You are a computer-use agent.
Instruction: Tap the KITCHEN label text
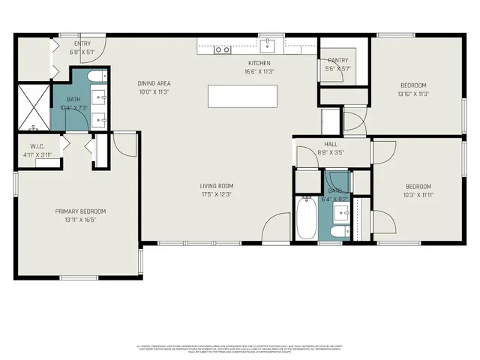pyautogui.click(x=259, y=63)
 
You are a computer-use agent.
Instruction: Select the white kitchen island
pyautogui.click(x=242, y=96)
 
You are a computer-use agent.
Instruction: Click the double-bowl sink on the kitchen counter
pyautogui.click(x=222, y=50)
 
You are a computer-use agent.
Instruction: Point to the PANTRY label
pyautogui.click(x=334, y=60)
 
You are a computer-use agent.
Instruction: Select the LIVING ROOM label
pyautogui.click(x=216, y=185)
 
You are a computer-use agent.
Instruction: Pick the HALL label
pyautogui.click(x=331, y=144)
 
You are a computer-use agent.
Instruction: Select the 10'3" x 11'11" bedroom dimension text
pyautogui.click(x=418, y=196)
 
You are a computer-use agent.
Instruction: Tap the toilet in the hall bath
pyautogui.click(x=339, y=231)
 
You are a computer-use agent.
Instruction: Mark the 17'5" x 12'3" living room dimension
pyautogui.click(x=216, y=194)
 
